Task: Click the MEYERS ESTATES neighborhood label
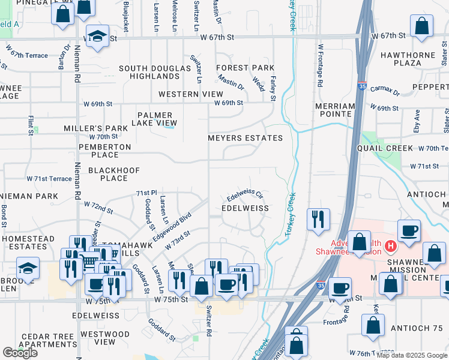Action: pyautogui.click(x=245, y=138)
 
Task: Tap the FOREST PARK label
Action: pyautogui.click(x=245, y=68)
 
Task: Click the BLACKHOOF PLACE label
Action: pyautogui.click(x=113, y=174)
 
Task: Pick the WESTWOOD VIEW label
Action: pyautogui.click(x=97, y=337)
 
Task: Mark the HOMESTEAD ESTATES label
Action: pyautogui.click(x=28, y=242)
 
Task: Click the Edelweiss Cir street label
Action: pyautogui.click(x=245, y=196)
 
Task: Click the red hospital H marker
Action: pyautogui.click(x=391, y=245)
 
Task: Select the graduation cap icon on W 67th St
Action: pyautogui.click(x=97, y=36)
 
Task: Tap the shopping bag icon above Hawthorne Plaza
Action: pyautogui.click(x=422, y=26)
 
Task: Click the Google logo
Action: pyautogui.click(x=20, y=353)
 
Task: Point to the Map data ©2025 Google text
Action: pyautogui.click(x=411, y=355)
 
